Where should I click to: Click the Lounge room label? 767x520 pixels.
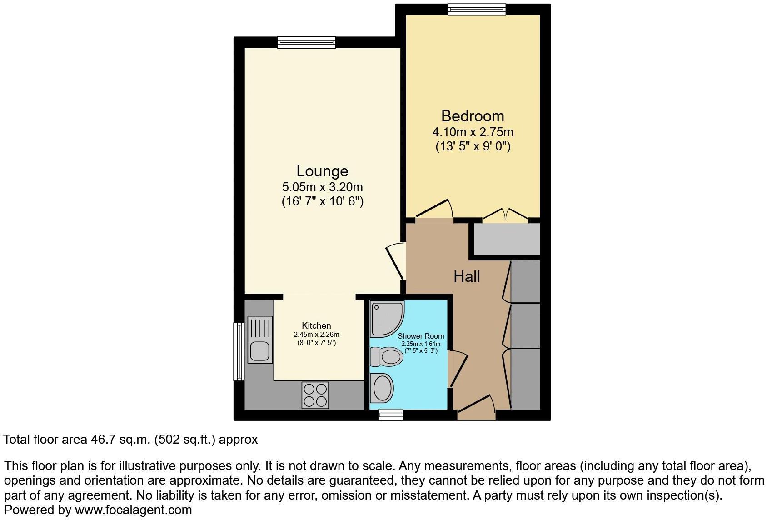(x=322, y=171)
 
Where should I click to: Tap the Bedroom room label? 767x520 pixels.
(x=473, y=116)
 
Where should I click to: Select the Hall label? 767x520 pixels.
(x=467, y=276)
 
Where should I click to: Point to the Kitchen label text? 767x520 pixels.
(x=316, y=325)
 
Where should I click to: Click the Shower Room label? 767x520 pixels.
(x=421, y=336)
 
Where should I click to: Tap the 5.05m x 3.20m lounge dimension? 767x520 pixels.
(x=322, y=187)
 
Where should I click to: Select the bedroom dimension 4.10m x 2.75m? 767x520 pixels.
(x=473, y=132)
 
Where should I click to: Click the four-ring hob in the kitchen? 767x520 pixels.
(x=315, y=395)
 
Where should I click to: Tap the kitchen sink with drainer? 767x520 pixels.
(x=260, y=340)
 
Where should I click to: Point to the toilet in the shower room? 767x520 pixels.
(x=386, y=356)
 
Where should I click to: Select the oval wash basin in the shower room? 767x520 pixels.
(x=382, y=388)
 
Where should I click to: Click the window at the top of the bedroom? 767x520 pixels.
(x=476, y=9)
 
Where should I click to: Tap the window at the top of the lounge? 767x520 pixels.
(x=307, y=42)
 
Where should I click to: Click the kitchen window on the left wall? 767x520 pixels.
(x=239, y=351)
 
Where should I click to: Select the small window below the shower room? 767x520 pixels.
(x=391, y=414)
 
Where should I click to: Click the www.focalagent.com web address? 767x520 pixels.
(x=133, y=510)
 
